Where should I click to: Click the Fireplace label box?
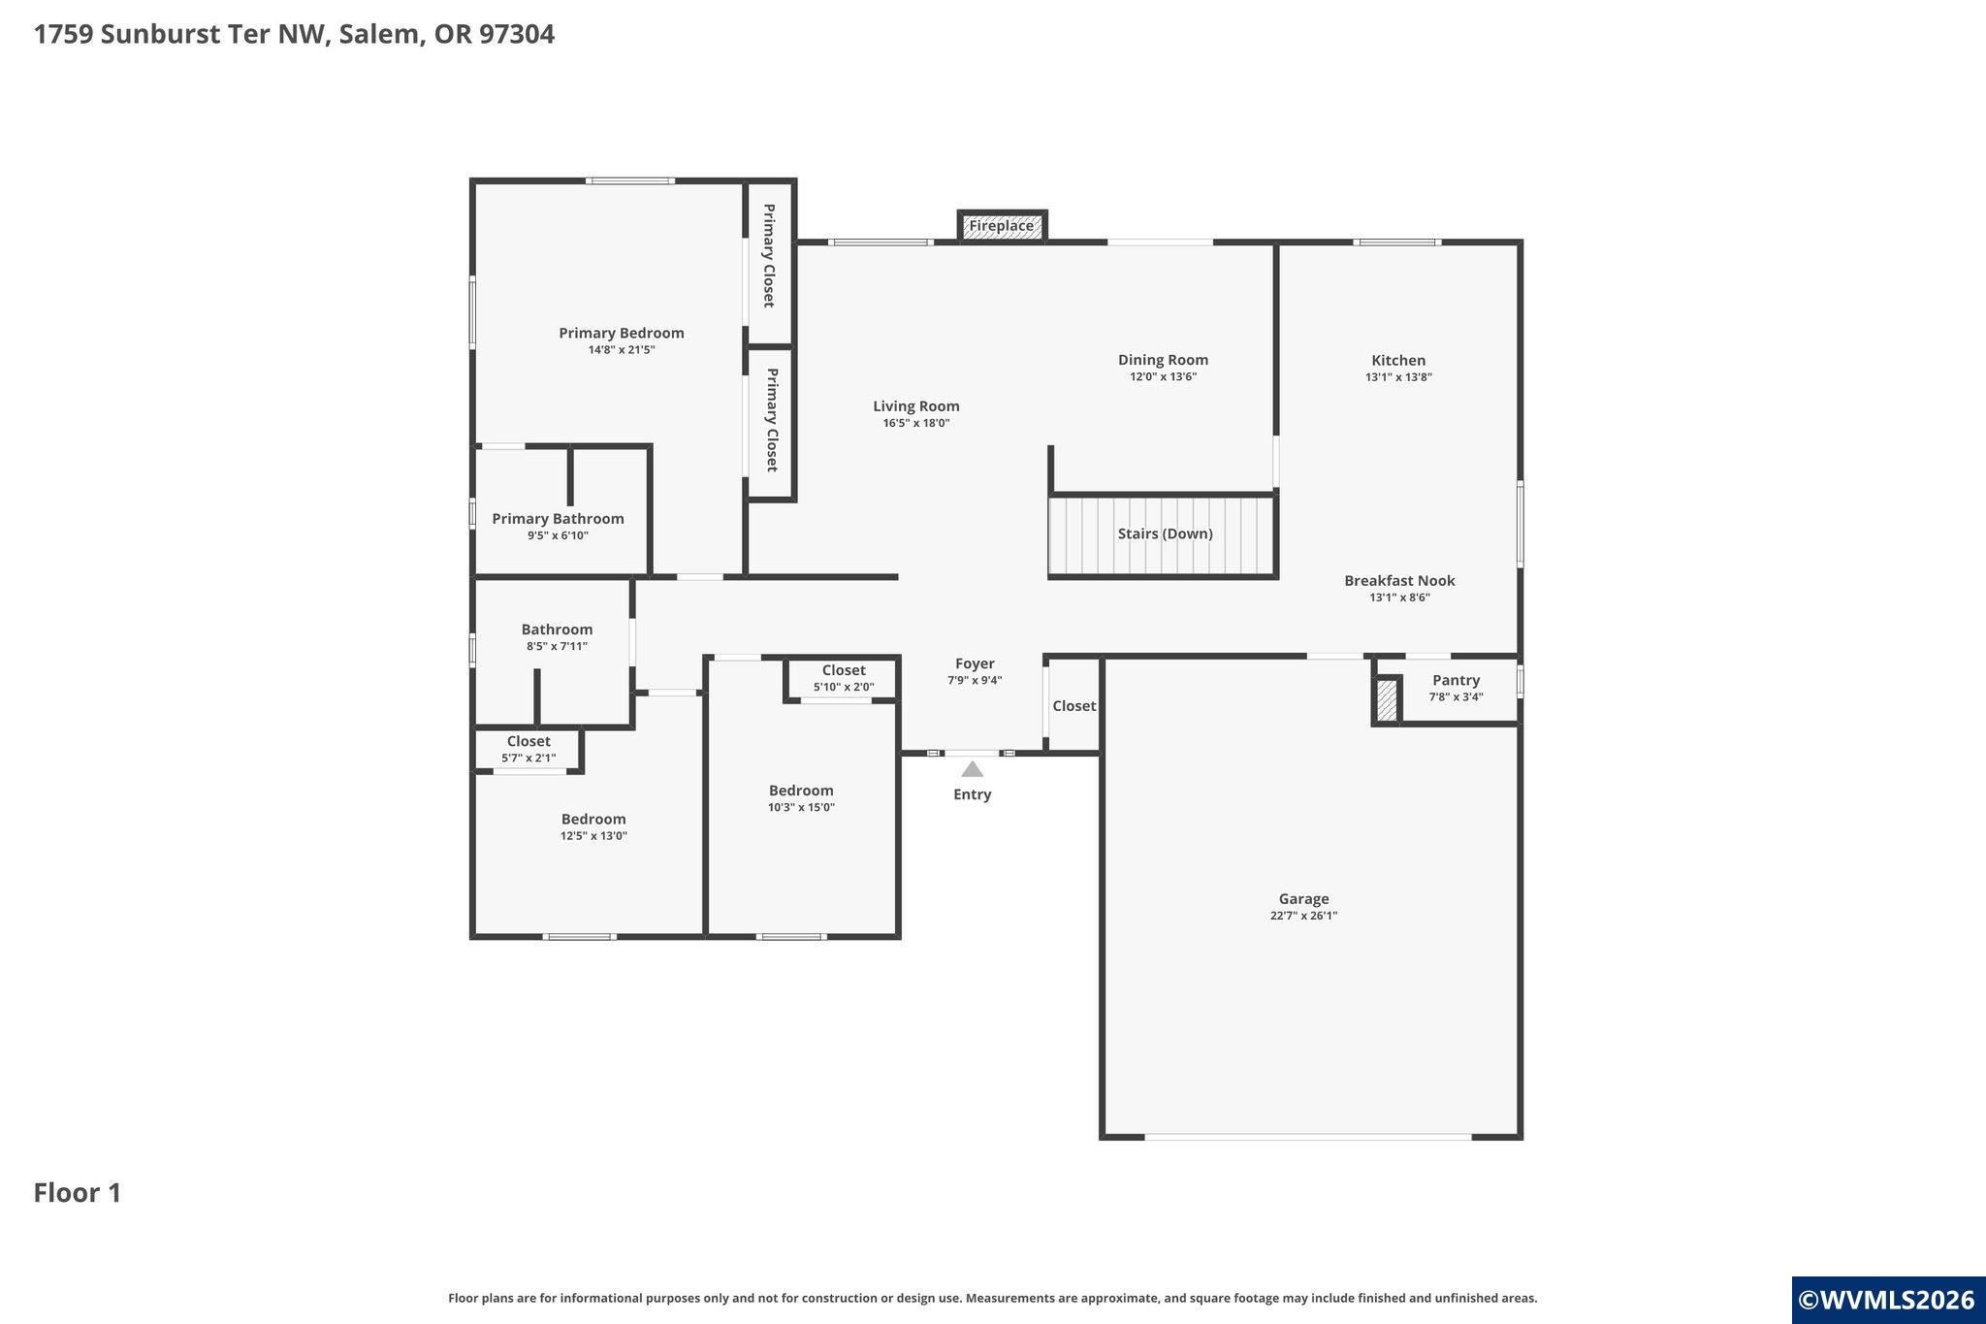pyautogui.click(x=1002, y=226)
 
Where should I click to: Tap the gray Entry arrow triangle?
pyautogui.click(x=972, y=769)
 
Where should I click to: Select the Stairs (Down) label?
pyautogui.click(x=1165, y=533)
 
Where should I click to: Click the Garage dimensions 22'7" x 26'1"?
pyautogui.click(x=1303, y=916)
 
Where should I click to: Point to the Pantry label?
pyautogui.click(x=1456, y=680)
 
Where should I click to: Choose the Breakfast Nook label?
pyautogui.click(x=1399, y=580)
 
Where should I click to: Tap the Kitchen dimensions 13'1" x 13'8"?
pyautogui.click(x=1398, y=377)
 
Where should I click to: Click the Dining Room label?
pyautogui.click(x=1163, y=360)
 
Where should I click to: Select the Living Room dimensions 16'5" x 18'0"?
pyautogui.click(x=915, y=423)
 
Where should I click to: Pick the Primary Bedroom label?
pyautogui.click(x=622, y=333)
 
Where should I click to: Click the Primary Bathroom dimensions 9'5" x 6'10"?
pyautogui.click(x=558, y=535)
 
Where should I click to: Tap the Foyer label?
pyautogui.click(x=975, y=663)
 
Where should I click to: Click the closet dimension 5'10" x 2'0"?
pyautogui.click(x=844, y=687)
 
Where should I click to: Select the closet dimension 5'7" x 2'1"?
pyautogui.click(x=529, y=758)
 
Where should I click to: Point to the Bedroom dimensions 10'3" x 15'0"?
pyautogui.click(x=801, y=807)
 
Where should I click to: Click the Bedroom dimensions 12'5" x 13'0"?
pyautogui.click(x=593, y=835)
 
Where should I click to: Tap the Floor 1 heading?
pyautogui.click(x=78, y=1193)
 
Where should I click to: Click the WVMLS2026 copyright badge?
pyautogui.click(x=1887, y=1300)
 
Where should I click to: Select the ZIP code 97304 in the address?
pyautogui.click(x=516, y=34)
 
